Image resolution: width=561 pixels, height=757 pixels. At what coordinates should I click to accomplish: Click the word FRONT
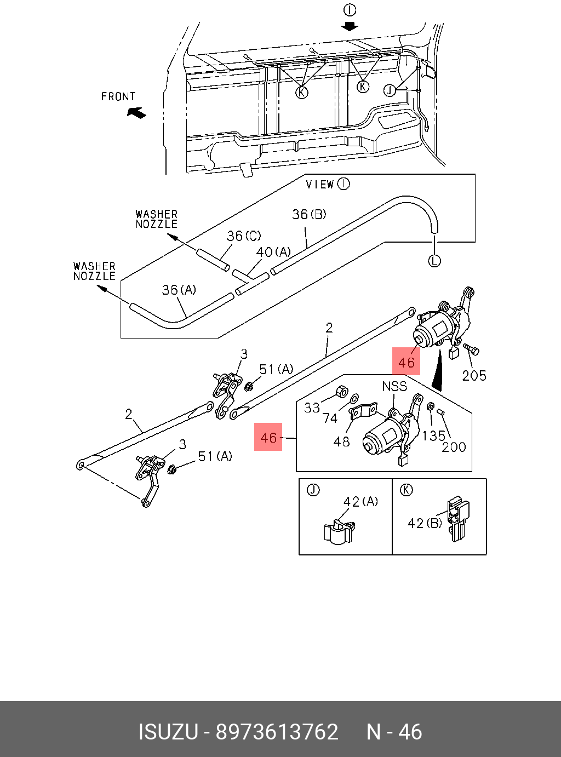118,97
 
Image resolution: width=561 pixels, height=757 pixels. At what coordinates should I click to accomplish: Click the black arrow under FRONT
137,113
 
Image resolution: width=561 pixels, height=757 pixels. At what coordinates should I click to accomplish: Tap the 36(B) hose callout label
309,214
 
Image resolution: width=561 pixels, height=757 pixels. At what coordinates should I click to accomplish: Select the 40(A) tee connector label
273,252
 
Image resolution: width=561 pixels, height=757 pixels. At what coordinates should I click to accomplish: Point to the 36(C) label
244,236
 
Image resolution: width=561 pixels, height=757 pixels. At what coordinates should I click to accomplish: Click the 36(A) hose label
179,290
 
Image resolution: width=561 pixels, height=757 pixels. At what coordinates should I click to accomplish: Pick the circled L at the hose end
434,261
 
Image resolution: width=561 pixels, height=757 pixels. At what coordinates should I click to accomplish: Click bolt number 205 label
474,376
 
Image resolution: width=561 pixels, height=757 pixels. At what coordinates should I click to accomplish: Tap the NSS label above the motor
394,387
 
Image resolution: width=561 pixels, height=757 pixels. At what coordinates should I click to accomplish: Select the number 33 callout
312,408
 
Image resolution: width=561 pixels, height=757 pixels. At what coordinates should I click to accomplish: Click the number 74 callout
330,418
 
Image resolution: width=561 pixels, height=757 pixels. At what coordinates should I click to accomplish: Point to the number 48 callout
341,441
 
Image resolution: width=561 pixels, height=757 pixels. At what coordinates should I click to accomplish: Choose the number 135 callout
433,436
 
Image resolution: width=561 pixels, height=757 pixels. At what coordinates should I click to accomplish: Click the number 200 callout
454,447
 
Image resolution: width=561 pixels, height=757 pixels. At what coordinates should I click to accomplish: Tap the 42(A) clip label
360,502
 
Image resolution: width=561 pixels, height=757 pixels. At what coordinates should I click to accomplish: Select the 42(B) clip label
425,523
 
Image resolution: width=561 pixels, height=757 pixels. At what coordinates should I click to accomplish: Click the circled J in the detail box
313,490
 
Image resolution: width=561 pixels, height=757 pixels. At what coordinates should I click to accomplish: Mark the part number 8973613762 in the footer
277,732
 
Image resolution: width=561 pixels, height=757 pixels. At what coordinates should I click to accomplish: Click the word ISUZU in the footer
168,732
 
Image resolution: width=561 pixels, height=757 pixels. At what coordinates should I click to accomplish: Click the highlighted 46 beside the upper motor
406,362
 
